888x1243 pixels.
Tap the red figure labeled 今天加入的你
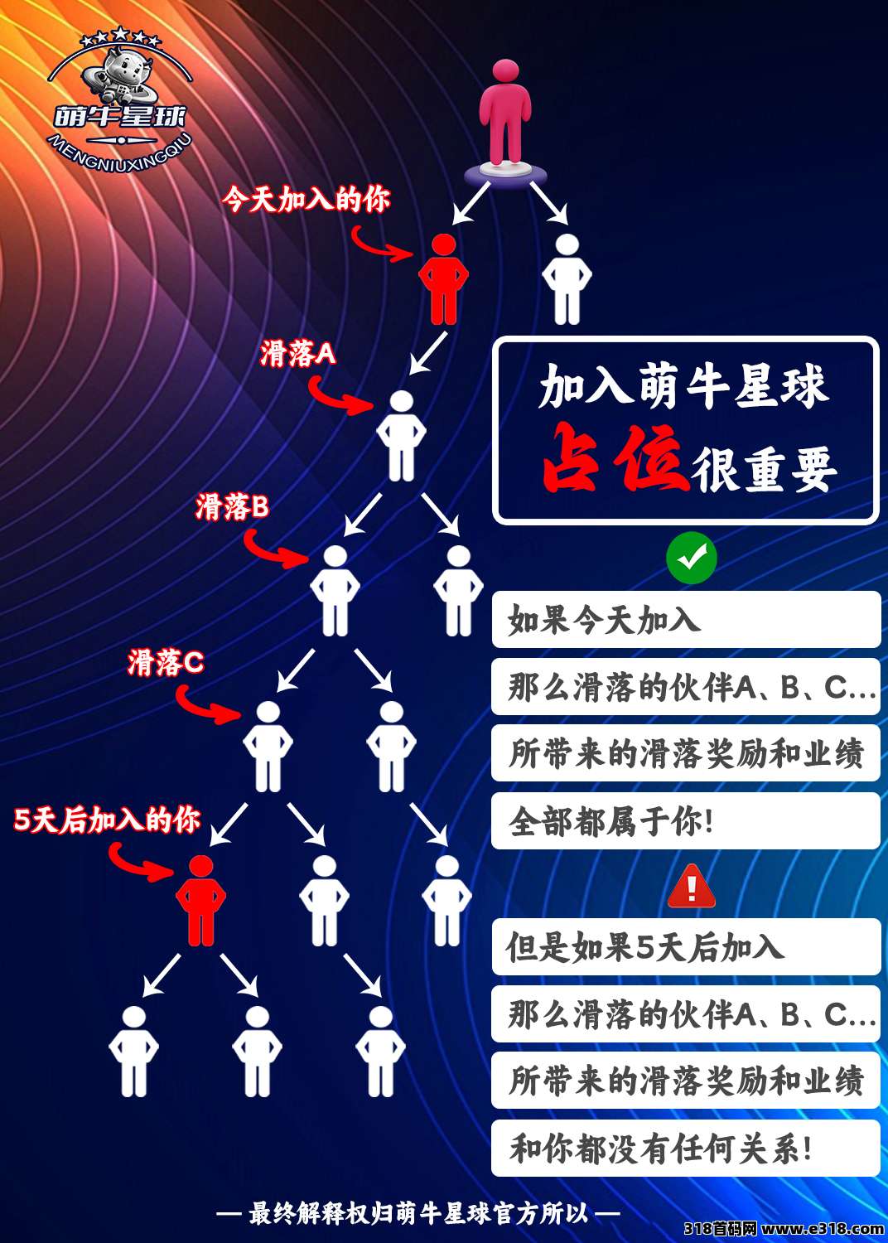click(443, 279)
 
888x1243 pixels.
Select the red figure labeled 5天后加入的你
click(200, 901)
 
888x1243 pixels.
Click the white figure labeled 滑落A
click(401, 436)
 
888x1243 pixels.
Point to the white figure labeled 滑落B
click(335, 591)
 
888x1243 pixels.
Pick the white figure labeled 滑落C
click(268, 747)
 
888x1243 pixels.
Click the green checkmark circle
click(691, 559)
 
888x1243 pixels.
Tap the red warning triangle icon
click(691, 887)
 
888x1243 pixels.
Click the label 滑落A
click(297, 354)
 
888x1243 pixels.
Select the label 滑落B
click(232, 506)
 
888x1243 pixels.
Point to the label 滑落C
click(166, 662)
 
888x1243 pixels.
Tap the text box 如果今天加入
click(686, 620)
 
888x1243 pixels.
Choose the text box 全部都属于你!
click(686, 821)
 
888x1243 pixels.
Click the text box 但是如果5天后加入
click(686, 947)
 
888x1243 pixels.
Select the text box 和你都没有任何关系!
click(686, 1149)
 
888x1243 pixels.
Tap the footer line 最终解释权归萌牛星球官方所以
click(418, 1213)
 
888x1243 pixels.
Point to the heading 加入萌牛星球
click(683, 386)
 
